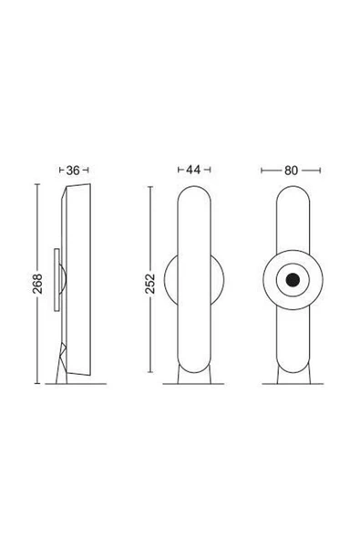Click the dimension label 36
(x=73, y=171)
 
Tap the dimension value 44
(x=193, y=170)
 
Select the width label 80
(x=291, y=171)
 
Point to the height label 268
(x=37, y=284)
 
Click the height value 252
(x=150, y=284)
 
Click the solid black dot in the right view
(x=293, y=280)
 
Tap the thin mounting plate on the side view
(x=57, y=280)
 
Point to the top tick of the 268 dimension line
(x=37, y=184)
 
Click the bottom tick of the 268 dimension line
(x=37, y=383)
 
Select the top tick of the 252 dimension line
(x=150, y=187)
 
